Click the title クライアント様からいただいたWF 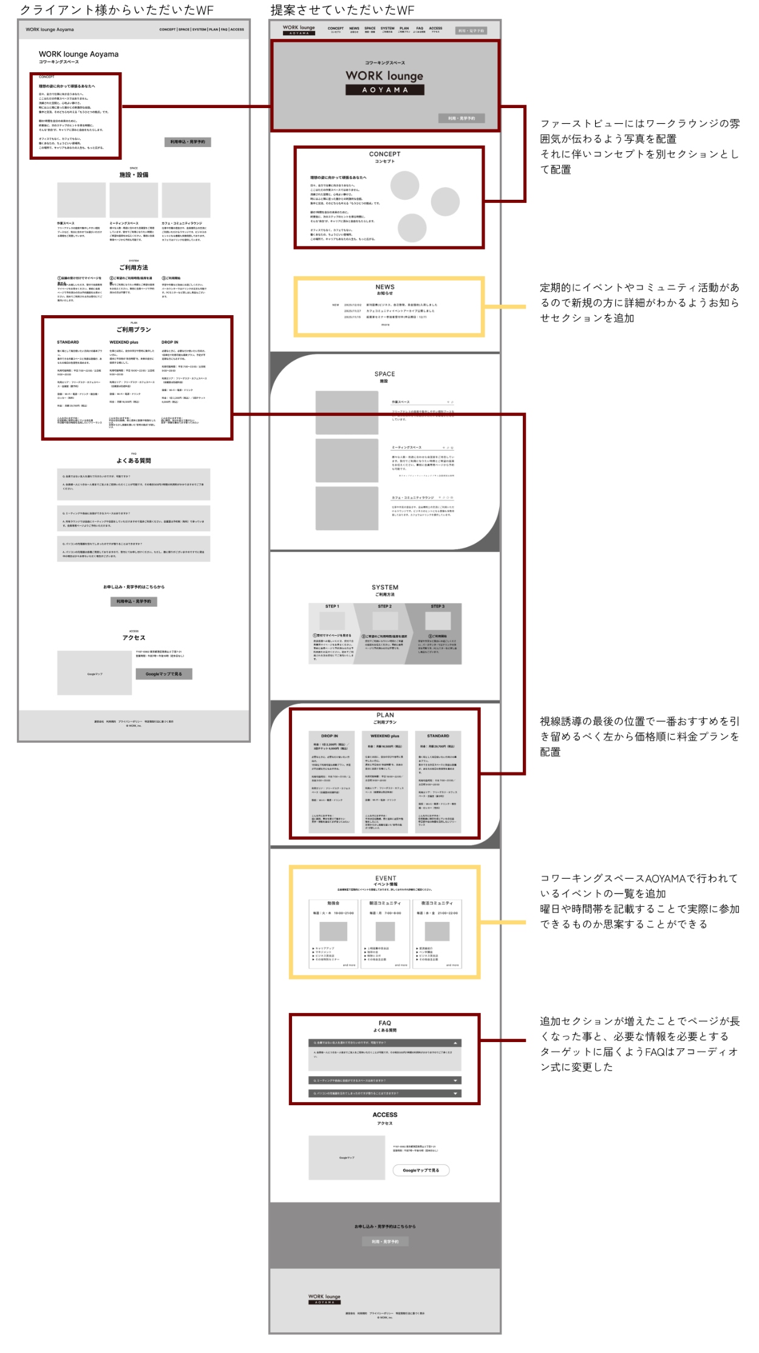tap(117, 10)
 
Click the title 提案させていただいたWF tap(342, 10)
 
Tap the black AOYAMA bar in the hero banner tap(384, 90)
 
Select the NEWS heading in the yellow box tap(385, 287)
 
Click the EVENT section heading tap(385, 878)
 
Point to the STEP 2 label tap(385, 606)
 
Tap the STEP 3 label tap(438, 606)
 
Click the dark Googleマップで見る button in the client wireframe tap(163, 673)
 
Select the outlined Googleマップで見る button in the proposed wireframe tap(421, 1170)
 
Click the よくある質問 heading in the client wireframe tap(134, 461)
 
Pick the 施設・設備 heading tap(134, 175)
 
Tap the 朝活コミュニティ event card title tap(385, 903)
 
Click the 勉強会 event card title tap(333, 903)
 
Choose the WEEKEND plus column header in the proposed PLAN tap(385, 736)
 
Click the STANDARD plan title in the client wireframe tap(68, 343)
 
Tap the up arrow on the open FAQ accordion tap(455, 1043)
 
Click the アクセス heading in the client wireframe tap(134, 638)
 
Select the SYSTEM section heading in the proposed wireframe tap(385, 587)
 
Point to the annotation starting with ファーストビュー tap(640, 146)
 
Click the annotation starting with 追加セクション tap(640, 1044)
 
